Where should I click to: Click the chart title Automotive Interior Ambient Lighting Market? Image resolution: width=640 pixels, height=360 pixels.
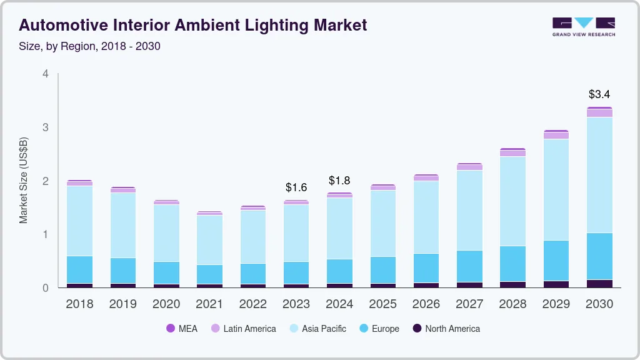coord(193,25)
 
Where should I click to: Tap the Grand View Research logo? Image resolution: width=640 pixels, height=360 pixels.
coord(583,27)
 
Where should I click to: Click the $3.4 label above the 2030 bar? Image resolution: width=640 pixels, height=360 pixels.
coord(599,94)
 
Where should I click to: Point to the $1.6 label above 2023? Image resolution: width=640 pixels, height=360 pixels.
coord(296,187)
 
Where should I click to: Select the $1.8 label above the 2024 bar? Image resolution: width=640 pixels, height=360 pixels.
coord(339,181)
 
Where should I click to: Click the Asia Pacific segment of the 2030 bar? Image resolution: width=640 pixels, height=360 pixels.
coord(599,175)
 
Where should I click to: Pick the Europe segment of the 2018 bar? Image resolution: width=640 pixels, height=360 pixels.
coord(79,269)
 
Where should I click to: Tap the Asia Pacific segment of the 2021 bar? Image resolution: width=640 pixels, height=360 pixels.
coord(209,240)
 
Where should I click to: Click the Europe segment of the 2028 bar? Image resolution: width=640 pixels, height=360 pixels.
coord(512,264)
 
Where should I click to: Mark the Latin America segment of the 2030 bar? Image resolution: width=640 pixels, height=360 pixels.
coord(599,113)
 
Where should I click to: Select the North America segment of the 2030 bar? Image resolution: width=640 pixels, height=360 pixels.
coord(599,283)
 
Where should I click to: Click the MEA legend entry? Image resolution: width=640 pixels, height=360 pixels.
coord(181,328)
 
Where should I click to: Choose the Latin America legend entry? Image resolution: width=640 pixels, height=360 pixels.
coord(243,328)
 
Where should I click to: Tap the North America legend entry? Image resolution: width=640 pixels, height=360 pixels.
coord(446,328)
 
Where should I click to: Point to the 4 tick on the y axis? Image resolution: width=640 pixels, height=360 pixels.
coord(45,74)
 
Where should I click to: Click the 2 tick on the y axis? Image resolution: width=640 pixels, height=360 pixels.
coord(45,181)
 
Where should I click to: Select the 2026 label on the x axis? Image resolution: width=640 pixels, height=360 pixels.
coord(426,304)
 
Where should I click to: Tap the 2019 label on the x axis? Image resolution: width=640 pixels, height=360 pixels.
coord(122,304)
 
